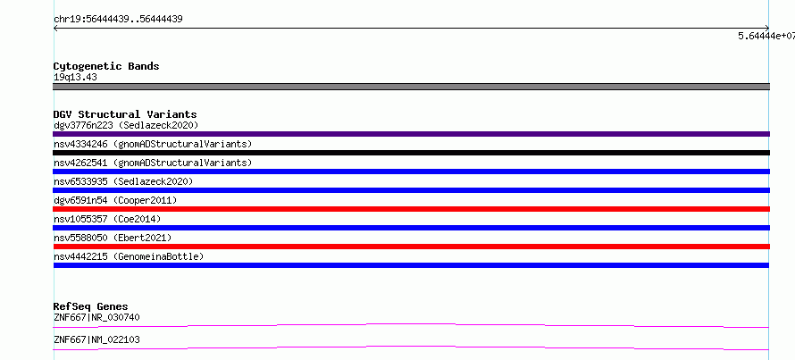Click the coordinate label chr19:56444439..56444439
[118, 20]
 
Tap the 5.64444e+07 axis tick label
[766, 36]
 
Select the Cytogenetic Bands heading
[106, 66]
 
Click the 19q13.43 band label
[75, 78]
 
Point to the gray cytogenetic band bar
[411, 87]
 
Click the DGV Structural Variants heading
[125, 114]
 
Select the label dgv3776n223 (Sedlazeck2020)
[126, 125]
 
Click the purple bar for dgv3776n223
[411, 134]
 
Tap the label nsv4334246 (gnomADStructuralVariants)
[153, 144]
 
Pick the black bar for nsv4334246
[411, 153]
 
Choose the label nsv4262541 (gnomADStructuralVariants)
[153, 163]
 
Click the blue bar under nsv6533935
[411, 190]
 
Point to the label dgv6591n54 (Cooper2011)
[115, 200]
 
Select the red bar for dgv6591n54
[411, 209]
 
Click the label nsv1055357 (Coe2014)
[107, 219]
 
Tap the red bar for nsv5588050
[411, 247]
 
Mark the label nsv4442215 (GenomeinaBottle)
[129, 256]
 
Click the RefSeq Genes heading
[90, 306]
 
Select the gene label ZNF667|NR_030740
[96, 317]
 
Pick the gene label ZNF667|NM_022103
[96, 339]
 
